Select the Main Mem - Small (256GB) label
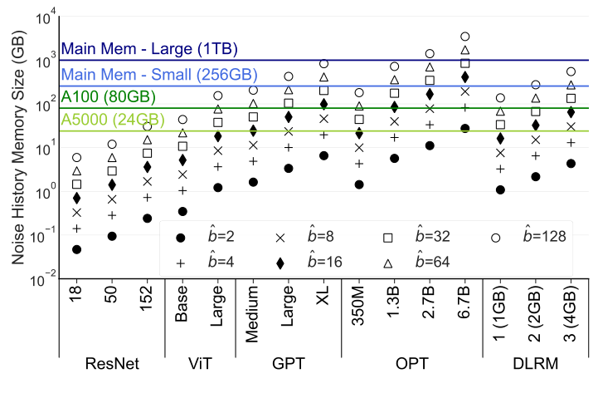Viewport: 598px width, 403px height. pyautogui.click(x=147, y=75)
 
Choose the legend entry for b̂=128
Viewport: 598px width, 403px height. pyautogui.click(x=531, y=237)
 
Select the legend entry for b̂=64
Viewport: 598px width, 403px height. pyautogui.click(x=419, y=261)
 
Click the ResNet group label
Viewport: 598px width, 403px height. pyautogui.click(x=111, y=363)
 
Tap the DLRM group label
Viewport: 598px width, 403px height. pyautogui.click(x=534, y=363)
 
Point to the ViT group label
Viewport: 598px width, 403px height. pyautogui.click(x=200, y=363)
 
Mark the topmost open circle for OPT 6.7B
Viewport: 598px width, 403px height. pyautogui.click(x=465, y=37)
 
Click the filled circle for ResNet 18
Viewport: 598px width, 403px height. pyautogui.click(x=77, y=249)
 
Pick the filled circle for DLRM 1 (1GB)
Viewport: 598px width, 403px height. pyautogui.click(x=500, y=189)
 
